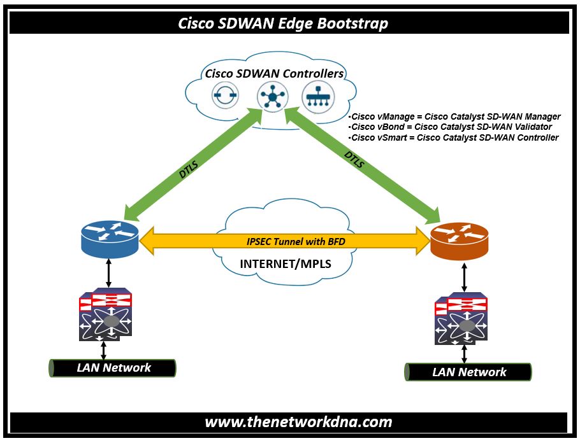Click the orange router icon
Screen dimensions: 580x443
(x=460, y=241)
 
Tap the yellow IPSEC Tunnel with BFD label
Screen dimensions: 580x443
(x=296, y=242)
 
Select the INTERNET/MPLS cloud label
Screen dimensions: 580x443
(x=286, y=264)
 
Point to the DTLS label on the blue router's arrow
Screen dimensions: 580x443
(x=188, y=169)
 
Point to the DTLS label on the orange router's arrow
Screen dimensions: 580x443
(x=354, y=159)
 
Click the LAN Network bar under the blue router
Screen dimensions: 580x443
(x=112, y=368)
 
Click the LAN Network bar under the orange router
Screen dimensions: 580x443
(x=468, y=372)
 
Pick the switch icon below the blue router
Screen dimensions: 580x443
(x=105, y=314)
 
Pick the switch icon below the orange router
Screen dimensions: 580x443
(x=461, y=318)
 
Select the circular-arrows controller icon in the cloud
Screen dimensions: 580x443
(x=225, y=95)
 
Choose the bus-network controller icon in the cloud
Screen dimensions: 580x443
(x=318, y=97)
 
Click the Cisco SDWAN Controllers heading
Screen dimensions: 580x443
(x=274, y=74)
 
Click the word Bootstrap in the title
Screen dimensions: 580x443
(x=352, y=24)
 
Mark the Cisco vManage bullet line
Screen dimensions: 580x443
(x=454, y=116)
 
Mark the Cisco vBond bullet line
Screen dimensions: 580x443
(x=450, y=127)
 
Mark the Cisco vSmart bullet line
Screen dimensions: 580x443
(x=453, y=138)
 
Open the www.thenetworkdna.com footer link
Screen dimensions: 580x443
(x=298, y=422)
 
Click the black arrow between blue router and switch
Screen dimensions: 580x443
(x=108, y=273)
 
